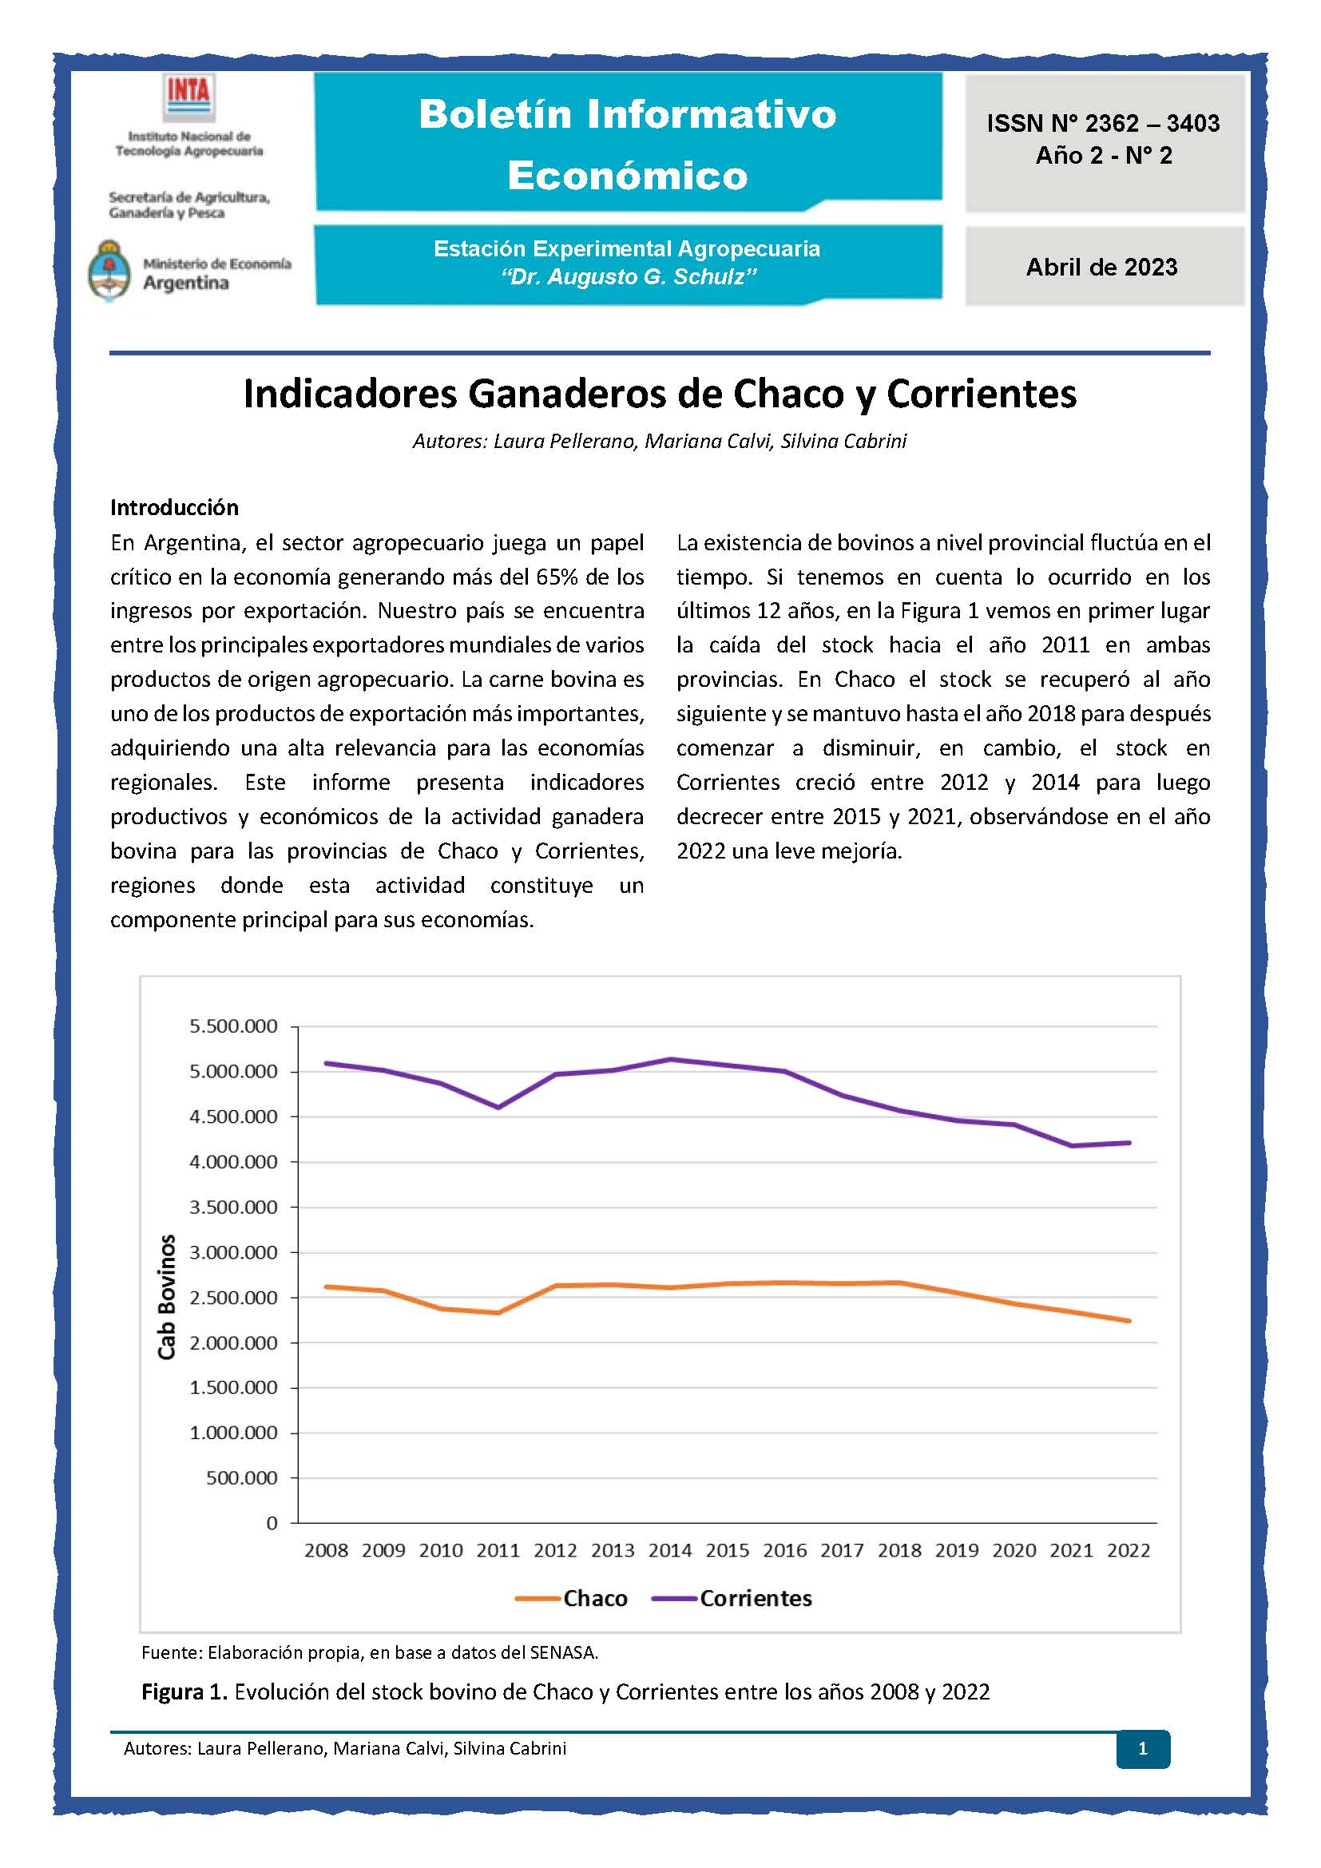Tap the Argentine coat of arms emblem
109,271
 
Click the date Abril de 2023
1101,267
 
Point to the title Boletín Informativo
627,114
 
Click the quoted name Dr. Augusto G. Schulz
628,277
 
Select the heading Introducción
174,508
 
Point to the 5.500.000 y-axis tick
233,1027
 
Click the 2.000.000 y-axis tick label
233,1343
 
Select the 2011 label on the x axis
498,1550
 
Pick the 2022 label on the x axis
1129,1550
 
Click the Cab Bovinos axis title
167,1297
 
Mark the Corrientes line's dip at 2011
498,1107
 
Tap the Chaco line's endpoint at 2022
1129,1320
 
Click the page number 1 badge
1142,1748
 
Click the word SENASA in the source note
562,1652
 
